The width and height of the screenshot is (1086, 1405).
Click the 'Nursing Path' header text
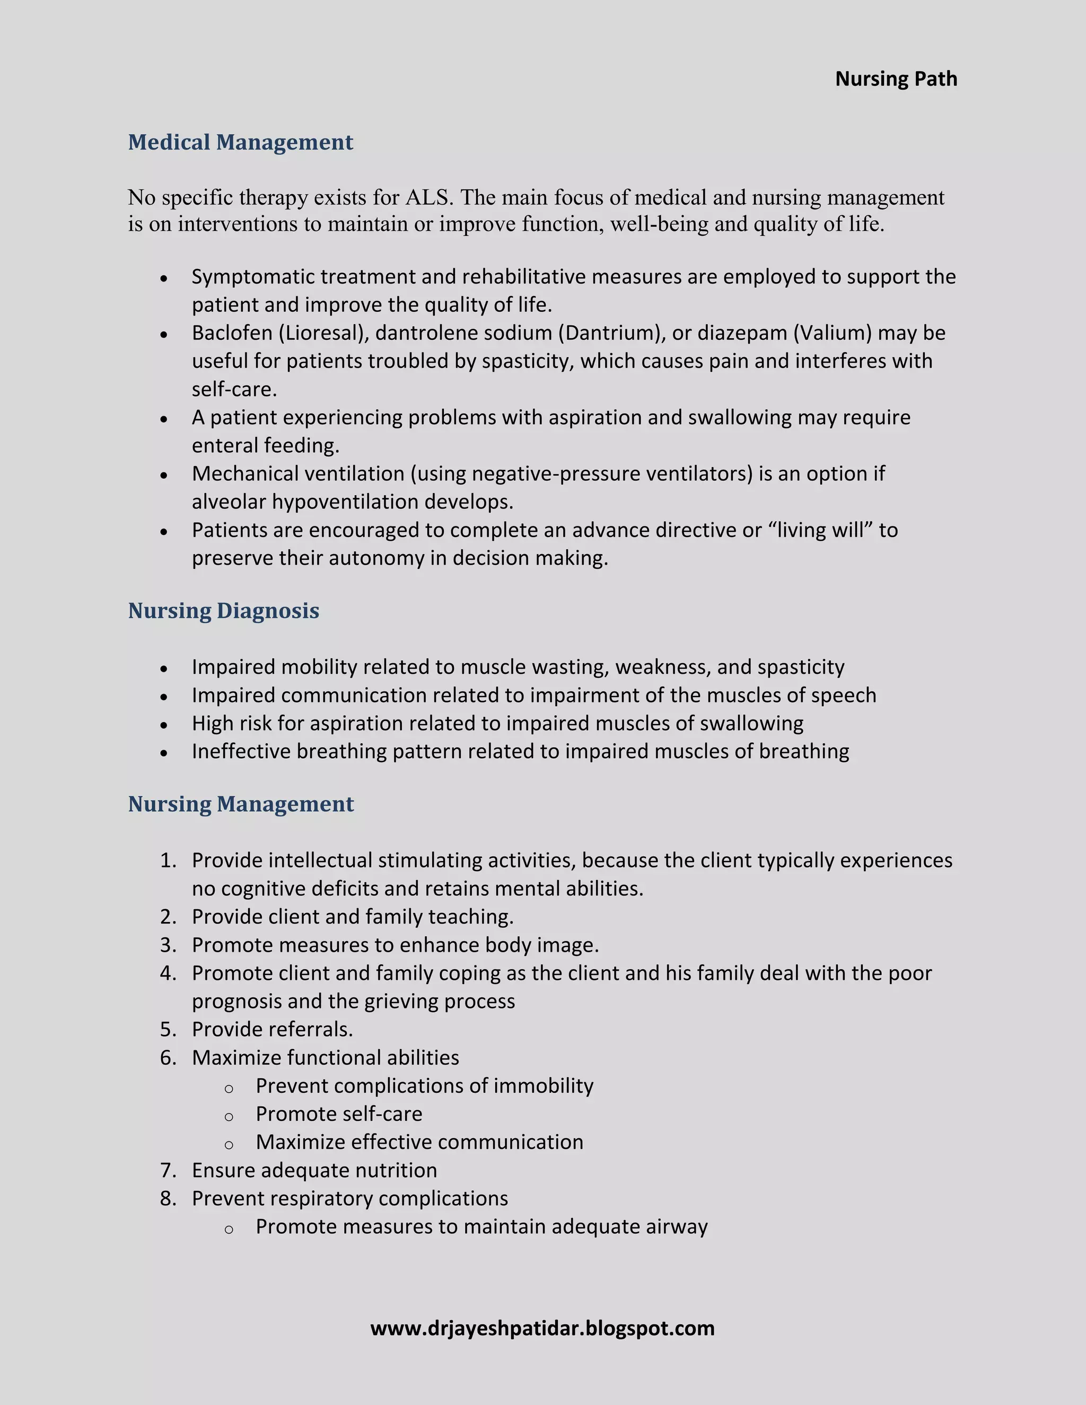click(896, 78)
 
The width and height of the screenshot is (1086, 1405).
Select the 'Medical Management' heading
click(241, 142)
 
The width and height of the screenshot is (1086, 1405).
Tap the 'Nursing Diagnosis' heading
click(223, 610)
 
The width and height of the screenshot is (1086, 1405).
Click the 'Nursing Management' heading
click(241, 804)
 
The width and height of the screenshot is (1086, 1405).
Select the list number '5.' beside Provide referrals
click(168, 1029)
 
